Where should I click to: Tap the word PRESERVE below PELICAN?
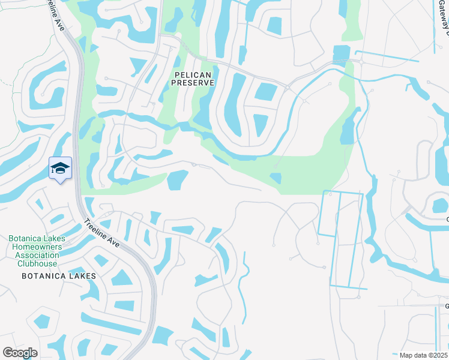(193, 83)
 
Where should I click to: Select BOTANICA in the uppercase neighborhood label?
(44, 275)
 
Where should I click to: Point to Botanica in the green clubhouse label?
(24, 238)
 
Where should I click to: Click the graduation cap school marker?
(60, 169)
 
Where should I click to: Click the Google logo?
(20, 353)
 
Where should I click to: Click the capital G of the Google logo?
(7, 353)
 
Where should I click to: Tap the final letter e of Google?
(34, 353)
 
